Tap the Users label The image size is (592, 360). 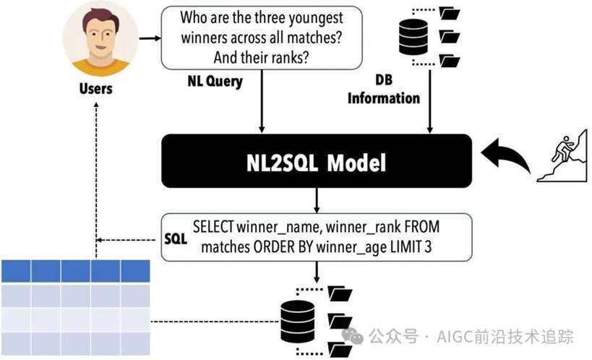pyautogui.click(x=96, y=89)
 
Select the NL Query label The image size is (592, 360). pyautogui.click(x=215, y=81)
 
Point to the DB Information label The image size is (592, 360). pyautogui.click(x=384, y=89)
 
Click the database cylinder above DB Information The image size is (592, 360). pyautogui.click(x=413, y=37)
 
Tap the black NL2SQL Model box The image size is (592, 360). pyautogui.click(x=317, y=161)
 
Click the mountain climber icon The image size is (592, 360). pyautogui.click(x=562, y=155)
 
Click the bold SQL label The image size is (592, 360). pyautogui.click(x=176, y=239)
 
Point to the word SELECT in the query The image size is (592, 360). pyautogui.click(x=213, y=227)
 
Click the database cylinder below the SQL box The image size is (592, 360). pyautogui.click(x=298, y=322)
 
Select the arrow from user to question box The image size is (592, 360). pyautogui.click(x=150, y=38)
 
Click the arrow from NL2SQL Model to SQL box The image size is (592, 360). pyautogui.click(x=317, y=200)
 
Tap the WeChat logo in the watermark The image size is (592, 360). pyautogui.click(x=353, y=335)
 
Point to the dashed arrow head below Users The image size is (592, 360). pyautogui.click(x=96, y=106)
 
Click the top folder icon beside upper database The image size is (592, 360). pyautogui.click(x=450, y=14)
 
